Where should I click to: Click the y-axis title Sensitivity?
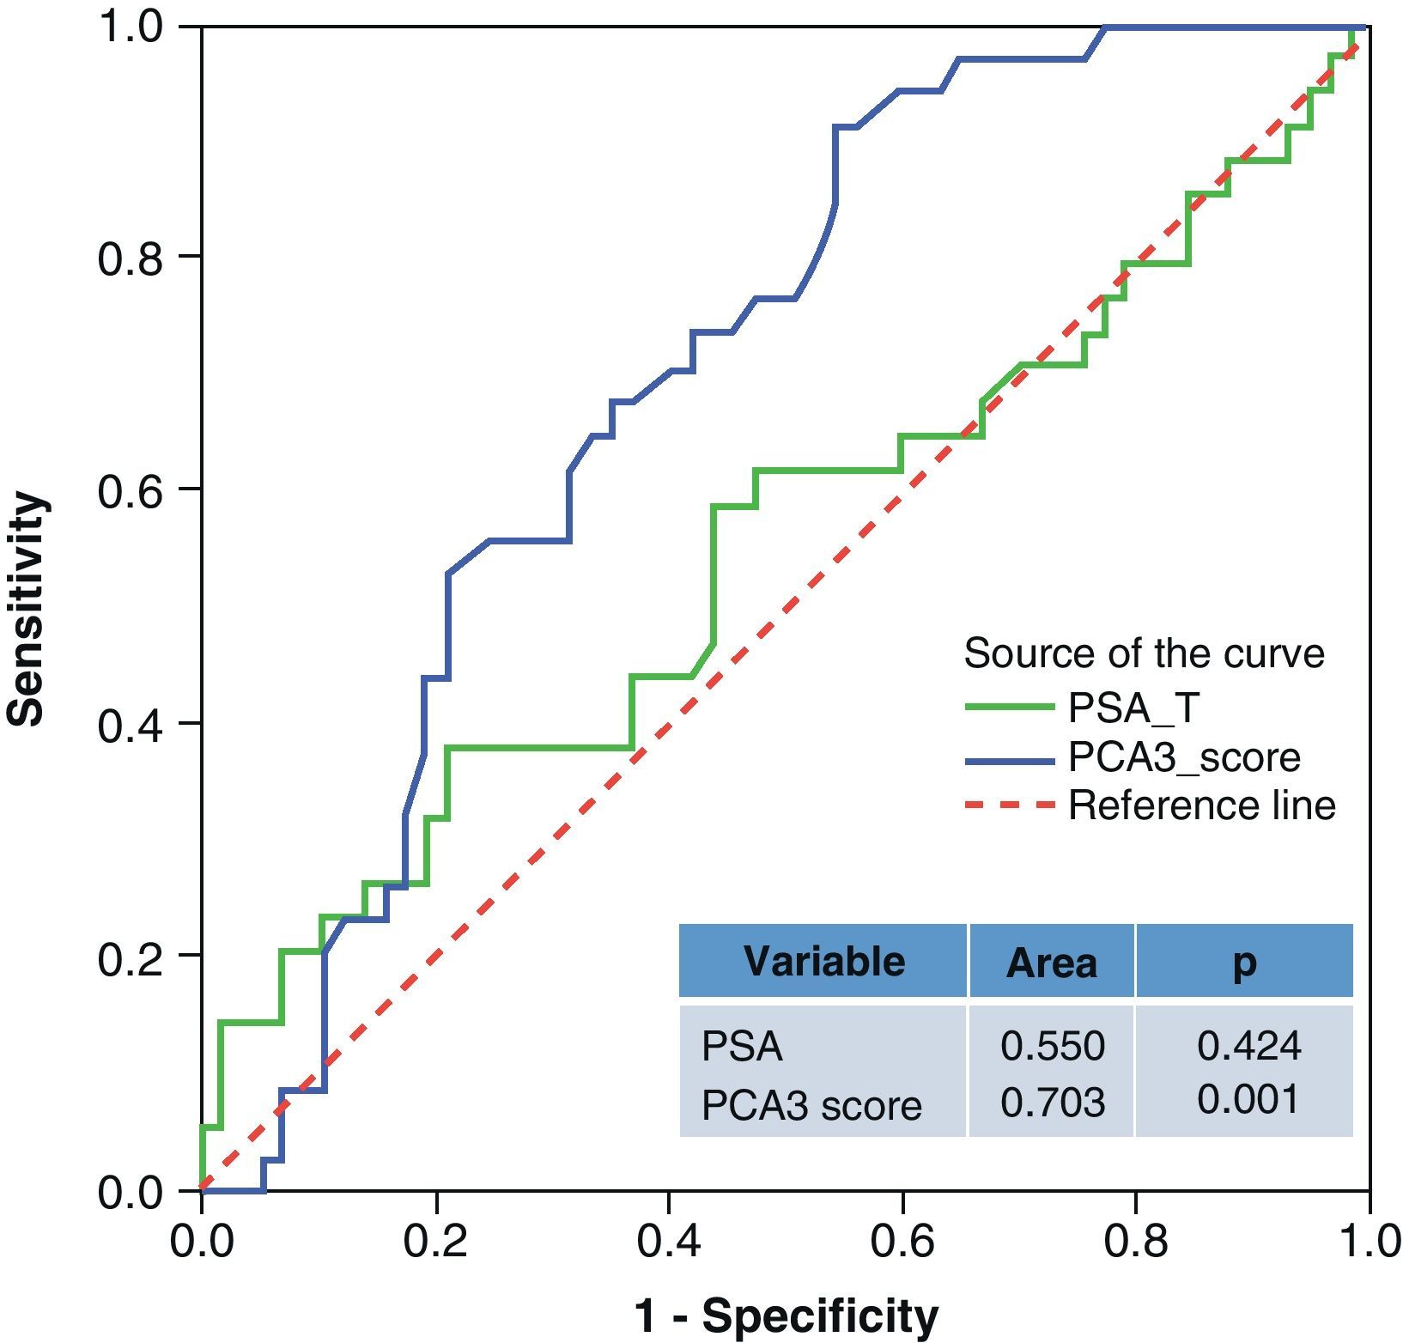point(26,609)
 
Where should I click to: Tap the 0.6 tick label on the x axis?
point(902,1242)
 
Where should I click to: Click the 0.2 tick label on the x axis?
point(435,1242)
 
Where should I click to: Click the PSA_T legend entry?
point(1133,708)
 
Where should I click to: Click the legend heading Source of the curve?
point(1144,653)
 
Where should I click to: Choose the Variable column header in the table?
point(823,961)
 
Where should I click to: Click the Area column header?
point(1051,963)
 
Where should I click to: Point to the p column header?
point(1244,963)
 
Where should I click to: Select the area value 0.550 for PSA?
point(1053,1046)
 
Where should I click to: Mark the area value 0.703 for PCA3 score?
point(1053,1102)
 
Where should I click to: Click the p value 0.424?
point(1248,1045)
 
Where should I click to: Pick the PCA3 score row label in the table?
point(811,1105)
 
